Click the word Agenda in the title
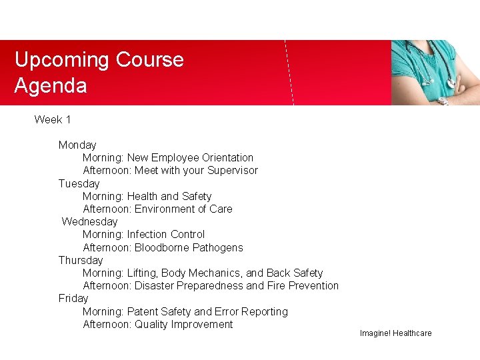[51, 86]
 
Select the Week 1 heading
[53, 120]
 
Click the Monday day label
[77, 145]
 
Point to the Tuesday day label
[79, 183]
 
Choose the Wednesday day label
[89, 221]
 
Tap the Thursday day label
[81, 260]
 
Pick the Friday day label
[73, 298]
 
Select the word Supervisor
[232, 171]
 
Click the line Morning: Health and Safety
[147, 197]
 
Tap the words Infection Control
[166, 235]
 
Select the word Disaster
[155, 286]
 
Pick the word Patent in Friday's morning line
[143, 312]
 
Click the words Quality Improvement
[183, 325]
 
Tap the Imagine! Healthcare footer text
[395, 333]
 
